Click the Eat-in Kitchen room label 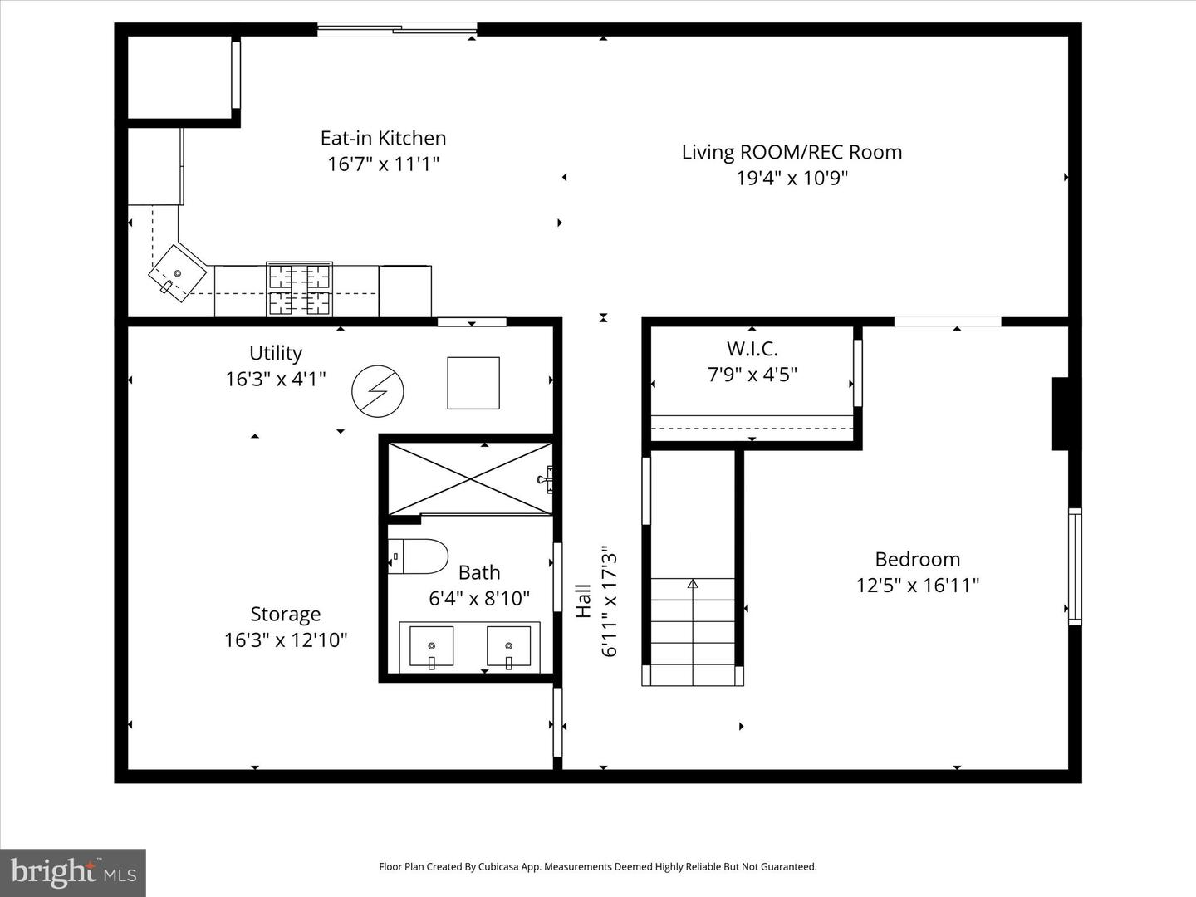(x=383, y=138)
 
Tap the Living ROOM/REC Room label (x=792, y=152)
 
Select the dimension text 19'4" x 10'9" (x=792, y=178)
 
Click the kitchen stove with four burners (x=299, y=289)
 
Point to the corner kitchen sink (x=178, y=272)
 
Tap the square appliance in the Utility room (x=473, y=383)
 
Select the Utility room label (x=276, y=353)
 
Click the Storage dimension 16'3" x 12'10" (x=285, y=640)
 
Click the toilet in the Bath (x=418, y=556)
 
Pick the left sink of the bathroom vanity (x=431, y=647)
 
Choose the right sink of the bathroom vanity (x=508, y=647)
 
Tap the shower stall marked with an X (x=470, y=478)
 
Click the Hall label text (x=584, y=600)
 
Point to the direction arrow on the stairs (x=693, y=584)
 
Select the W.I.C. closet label (x=752, y=349)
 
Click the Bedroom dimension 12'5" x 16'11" (x=917, y=586)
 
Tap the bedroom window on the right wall (x=1075, y=566)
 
